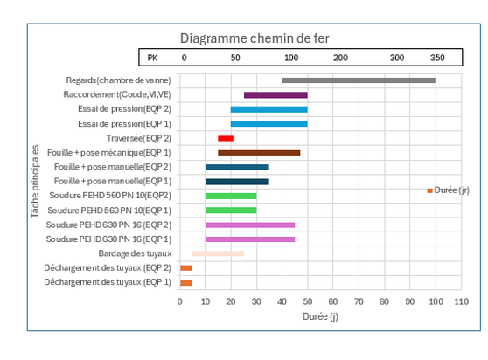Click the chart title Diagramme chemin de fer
coord(254,38)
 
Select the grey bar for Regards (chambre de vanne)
coord(359,80)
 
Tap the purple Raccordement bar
coord(275,95)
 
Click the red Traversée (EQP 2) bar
coord(226,138)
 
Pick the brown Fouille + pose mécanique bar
coord(259,153)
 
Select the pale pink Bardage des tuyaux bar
coord(218,253)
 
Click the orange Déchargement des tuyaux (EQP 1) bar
coord(186,282)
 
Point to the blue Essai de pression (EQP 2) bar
coord(268,109)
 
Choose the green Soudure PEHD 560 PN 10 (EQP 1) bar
coord(231,211)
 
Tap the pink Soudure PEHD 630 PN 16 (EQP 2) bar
coord(250,225)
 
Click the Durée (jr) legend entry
coord(448,190)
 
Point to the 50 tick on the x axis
coord(308,301)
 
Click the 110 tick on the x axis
coord(461,301)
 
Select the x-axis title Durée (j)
coord(320,316)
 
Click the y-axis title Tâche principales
coord(35,181)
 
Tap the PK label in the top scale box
coord(152,58)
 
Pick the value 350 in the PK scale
coord(437,58)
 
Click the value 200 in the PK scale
coord(340,58)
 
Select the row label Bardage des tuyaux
coord(135,253)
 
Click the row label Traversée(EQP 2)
coord(139,138)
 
